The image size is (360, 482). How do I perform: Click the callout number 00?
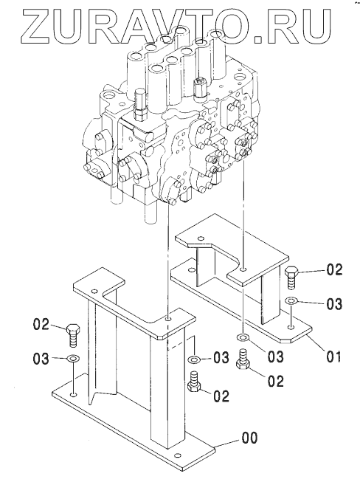pos(249,438)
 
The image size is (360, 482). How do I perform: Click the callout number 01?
pos(333,357)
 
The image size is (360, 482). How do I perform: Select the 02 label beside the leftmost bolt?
pos(41,325)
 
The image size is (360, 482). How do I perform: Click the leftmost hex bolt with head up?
pos(73,335)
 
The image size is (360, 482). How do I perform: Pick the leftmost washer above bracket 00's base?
pos(73,358)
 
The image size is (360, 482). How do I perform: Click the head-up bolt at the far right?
pos(291,278)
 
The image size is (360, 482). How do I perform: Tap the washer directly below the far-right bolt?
pos(291,300)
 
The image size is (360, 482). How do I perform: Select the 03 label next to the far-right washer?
pos(334,304)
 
